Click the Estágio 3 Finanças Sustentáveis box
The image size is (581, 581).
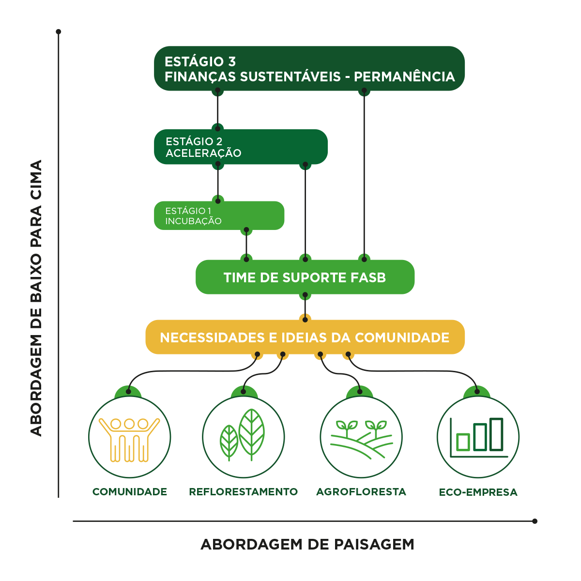click(309, 69)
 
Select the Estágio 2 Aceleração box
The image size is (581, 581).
click(241, 147)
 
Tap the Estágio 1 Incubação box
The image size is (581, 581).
click(219, 215)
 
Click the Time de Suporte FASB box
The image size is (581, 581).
click(305, 277)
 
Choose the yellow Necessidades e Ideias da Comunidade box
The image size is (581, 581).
click(305, 337)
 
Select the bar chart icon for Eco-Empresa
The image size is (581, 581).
click(478, 437)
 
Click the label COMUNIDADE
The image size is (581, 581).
click(129, 492)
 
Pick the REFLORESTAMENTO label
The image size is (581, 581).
click(243, 492)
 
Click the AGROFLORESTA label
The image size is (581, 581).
click(361, 492)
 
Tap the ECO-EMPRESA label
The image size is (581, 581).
click(478, 492)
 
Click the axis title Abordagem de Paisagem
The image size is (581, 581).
click(307, 544)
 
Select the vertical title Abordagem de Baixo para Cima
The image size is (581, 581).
click(36, 298)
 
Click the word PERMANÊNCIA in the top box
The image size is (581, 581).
click(405, 76)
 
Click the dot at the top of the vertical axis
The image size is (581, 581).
click(59, 32)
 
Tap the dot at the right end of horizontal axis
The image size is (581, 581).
click(535, 521)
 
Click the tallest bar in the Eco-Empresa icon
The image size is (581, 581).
click(496, 434)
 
